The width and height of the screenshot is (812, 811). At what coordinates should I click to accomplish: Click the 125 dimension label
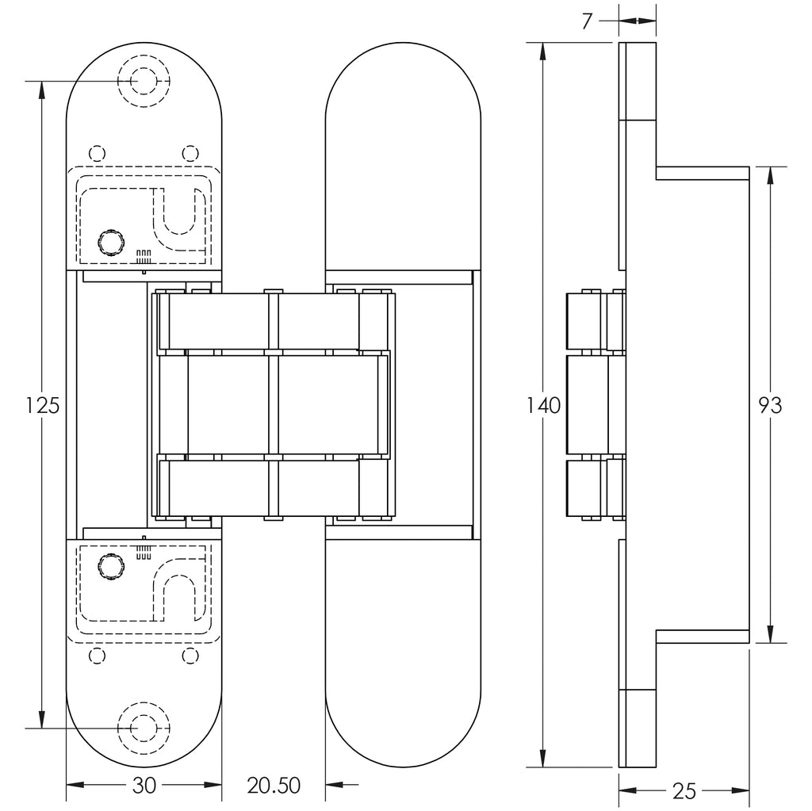(43, 405)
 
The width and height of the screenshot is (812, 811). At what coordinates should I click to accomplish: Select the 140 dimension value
(544, 406)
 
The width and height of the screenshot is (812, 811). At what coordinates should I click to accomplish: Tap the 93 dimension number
(770, 406)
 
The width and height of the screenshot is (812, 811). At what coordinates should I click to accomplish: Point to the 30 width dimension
(144, 786)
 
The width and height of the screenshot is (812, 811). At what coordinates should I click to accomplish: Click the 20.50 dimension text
(274, 786)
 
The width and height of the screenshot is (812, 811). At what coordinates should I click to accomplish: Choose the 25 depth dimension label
(684, 791)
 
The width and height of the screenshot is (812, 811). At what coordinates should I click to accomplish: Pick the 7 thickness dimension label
(587, 21)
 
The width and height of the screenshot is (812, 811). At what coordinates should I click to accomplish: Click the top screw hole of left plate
(144, 82)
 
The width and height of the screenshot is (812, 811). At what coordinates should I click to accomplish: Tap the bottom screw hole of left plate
(144, 728)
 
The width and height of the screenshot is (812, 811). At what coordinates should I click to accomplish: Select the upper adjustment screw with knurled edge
(111, 242)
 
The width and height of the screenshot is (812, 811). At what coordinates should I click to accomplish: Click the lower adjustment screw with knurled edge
(111, 567)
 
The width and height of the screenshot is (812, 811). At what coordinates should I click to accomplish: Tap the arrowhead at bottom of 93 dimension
(770, 634)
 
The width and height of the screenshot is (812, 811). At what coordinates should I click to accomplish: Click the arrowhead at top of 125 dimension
(41, 90)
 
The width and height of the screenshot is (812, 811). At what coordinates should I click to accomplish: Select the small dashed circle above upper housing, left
(98, 154)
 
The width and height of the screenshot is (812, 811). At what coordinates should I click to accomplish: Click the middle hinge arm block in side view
(596, 405)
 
